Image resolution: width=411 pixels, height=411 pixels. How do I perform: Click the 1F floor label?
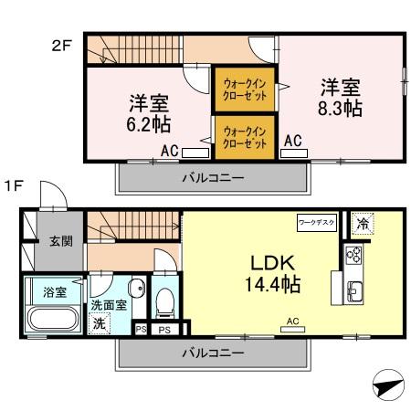(12, 185)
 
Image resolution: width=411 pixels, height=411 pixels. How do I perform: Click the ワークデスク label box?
(317, 222)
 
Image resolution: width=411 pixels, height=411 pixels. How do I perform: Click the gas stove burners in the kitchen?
(354, 255)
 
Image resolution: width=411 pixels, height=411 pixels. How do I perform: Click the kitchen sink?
(354, 292)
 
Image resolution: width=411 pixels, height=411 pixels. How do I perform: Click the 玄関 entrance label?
(61, 241)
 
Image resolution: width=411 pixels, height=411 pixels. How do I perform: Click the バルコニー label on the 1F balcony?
(212, 353)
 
